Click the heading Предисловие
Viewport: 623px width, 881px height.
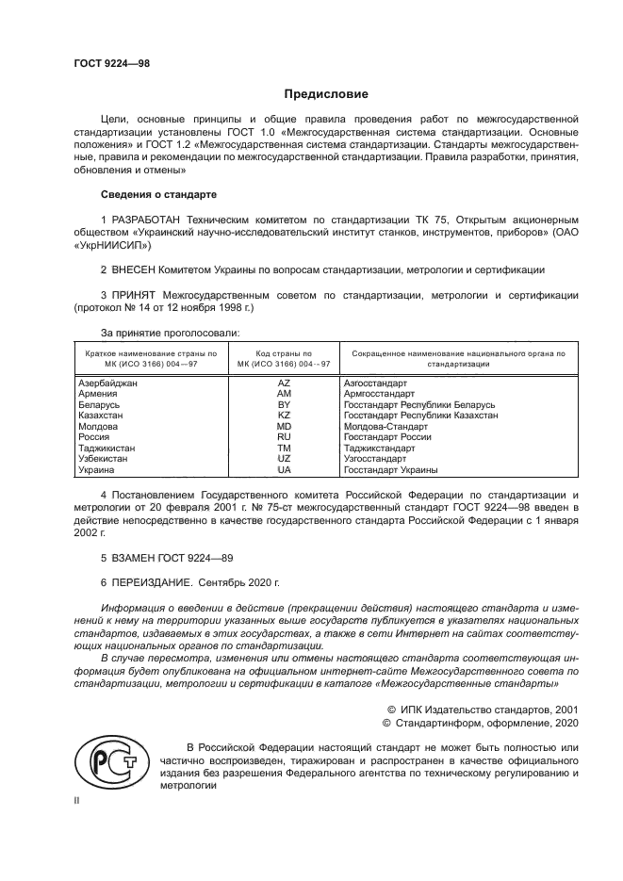pyautogui.click(x=326, y=94)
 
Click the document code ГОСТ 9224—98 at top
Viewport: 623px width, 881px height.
pyautogui.click(x=111, y=63)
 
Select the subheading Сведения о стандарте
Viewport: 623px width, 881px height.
pyautogui.click(x=158, y=194)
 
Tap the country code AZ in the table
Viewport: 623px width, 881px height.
pyautogui.click(x=284, y=383)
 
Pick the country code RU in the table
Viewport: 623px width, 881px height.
pyautogui.click(x=284, y=437)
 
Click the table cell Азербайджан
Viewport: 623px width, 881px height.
pyautogui.click(x=107, y=383)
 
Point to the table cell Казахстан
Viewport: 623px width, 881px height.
pyautogui.click(x=101, y=416)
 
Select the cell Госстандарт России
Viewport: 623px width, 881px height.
pyautogui.click(x=387, y=437)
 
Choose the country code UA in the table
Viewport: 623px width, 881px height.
pyautogui.click(x=284, y=469)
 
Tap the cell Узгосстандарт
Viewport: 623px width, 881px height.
pyautogui.click(x=375, y=459)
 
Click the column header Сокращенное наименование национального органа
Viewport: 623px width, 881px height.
pyautogui.click(x=457, y=357)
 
